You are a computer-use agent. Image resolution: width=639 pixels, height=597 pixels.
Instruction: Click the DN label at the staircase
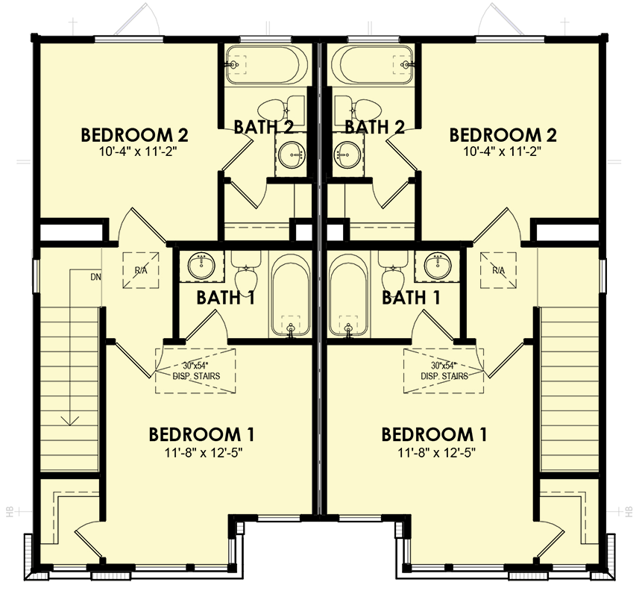click(x=95, y=277)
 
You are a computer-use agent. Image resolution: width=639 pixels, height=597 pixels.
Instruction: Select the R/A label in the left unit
click(x=140, y=270)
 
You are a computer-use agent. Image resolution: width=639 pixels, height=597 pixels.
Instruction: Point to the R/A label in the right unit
click(x=498, y=270)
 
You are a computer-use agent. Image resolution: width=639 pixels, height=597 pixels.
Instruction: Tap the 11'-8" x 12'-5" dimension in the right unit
click(x=435, y=452)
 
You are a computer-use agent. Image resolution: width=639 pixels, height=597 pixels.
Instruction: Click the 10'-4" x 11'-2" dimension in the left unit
click(x=134, y=151)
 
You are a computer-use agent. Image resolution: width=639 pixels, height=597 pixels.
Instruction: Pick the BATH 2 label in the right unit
click(x=375, y=127)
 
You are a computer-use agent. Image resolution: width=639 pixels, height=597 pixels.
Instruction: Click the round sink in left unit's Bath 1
click(x=201, y=264)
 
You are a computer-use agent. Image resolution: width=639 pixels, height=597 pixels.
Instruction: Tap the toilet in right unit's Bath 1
click(x=391, y=276)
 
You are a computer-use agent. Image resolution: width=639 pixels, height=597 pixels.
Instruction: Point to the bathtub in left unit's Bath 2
click(x=266, y=66)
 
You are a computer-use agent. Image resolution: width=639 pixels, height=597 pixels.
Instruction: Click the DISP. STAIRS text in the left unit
click(x=196, y=376)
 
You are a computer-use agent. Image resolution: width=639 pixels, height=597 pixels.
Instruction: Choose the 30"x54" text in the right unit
click(x=444, y=366)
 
